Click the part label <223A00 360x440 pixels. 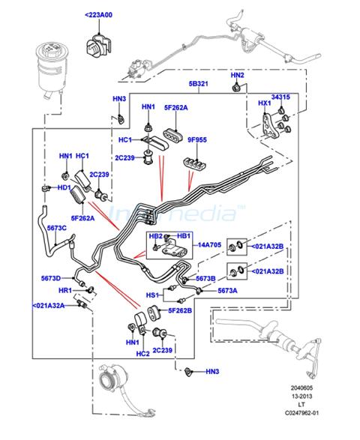98,15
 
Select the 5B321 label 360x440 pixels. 198,84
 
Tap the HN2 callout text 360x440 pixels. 237,75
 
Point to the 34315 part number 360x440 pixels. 280,97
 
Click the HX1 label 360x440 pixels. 265,103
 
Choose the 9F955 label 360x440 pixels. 197,139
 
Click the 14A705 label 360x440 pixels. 209,245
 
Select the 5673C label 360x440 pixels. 57,228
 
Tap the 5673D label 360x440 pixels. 51,278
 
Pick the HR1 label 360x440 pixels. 65,290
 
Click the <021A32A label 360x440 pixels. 49,306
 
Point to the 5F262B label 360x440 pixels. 180,310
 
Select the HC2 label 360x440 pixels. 143,354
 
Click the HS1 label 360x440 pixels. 152,295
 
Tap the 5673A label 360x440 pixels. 227,291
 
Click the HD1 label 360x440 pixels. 64,187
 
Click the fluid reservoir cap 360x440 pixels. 52,49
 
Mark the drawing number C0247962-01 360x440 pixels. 301,413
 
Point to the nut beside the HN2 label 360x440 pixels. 236,88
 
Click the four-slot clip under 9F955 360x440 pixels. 195,163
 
